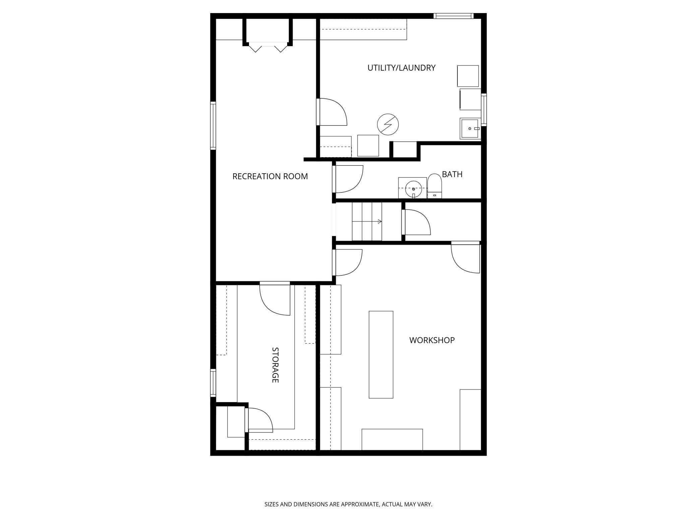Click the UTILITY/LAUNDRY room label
click(401, 68)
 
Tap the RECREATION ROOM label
click(270, 176)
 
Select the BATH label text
click(452, 174)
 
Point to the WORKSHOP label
click(432, 340)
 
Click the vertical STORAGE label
click(275, 365)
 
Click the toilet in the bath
click(435, 186)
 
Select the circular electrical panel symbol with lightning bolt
click(388, 124)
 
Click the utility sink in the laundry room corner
click(470, 128)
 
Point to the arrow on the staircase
click(379, 222)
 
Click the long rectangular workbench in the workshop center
click(381, 354)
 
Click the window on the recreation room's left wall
click(213, 125)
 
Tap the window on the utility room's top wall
click(453, 16)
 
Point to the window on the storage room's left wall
click(213, 382)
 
